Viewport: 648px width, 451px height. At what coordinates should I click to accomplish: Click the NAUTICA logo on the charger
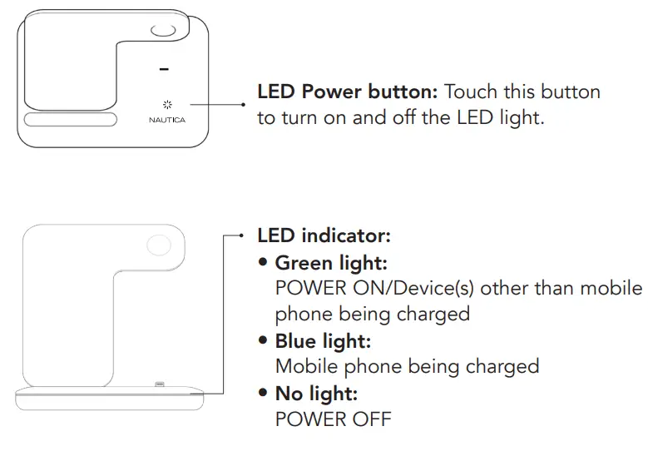pyautogui.click(x=166, y=120)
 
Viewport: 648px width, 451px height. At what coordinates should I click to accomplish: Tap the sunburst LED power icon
pyautogui.click(x=166, y=105)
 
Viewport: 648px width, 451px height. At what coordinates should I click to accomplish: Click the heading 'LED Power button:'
pyautogui.click(x=349, y=92)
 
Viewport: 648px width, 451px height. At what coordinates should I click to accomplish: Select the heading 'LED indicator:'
pyautogui.click(x=324, y=235)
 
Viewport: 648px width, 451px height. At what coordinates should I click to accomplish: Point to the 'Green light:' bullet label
pyautogui.click(x=331, y=263)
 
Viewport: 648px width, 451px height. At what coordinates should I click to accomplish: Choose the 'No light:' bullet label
pyautogui.click(x=316, y=393)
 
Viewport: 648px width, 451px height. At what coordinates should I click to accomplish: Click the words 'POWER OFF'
pyautogui.click(x=333, y=419)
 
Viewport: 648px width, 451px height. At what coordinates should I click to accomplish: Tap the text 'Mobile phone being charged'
pyautogui.click(x=407, y=366)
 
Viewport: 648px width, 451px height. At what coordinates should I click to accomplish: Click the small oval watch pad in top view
pyautogui.click(x=163, y=32)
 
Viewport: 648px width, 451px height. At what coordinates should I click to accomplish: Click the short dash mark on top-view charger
pyautogui.click(x=164, y=69)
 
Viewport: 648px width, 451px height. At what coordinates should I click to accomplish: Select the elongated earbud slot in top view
pyautogui.click(x=70, y=120)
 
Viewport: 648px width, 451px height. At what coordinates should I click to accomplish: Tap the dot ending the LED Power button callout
pyautogui.click(x=243, y=105)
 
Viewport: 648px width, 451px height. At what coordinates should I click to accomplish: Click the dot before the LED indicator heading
pyautogui.click(x=242, y=235)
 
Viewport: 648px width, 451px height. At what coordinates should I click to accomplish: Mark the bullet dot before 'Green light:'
pyautogui.click(x=263, y=263)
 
